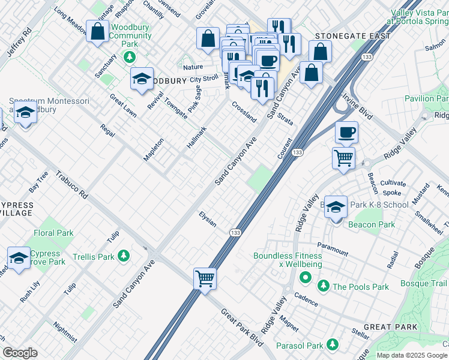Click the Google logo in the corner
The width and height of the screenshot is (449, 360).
click(x=20, y=353)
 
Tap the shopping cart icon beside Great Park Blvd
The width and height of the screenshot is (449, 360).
click(x=205, y=278)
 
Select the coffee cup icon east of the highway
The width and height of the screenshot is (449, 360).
click(x=345, y=133)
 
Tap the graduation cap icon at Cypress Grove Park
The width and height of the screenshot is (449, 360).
click(x=19, y=258)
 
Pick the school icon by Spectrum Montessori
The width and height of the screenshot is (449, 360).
click(x=25, y=112)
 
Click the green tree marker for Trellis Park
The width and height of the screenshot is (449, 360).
click(x=124, y=256)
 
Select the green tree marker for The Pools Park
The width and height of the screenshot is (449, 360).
click(x=324, y=286)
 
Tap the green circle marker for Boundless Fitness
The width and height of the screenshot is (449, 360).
click(x=305, y=277)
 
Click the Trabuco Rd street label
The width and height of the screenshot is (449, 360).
click(x=71, y=186)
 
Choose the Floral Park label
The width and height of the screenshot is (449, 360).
click(x=53, y=233)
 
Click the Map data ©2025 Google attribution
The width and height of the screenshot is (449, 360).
click(x=412, y=355)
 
